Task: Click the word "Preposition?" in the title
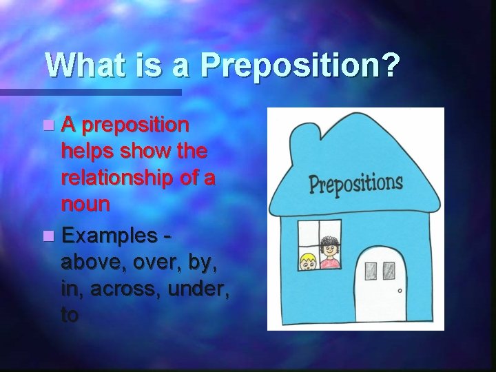coord(300,66)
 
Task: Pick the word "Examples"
coord(109,236)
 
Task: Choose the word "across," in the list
coord(127,289)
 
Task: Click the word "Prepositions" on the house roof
coord(355,184)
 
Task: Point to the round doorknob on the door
coord(399,290)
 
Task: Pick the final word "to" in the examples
coord(70,315)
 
